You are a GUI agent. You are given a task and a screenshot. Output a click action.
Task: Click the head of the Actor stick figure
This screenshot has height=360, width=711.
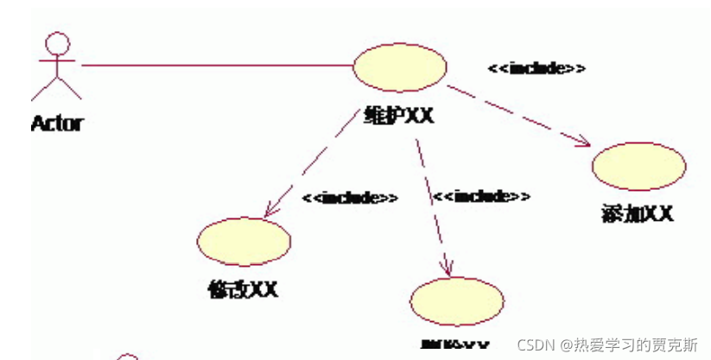pos(57,44)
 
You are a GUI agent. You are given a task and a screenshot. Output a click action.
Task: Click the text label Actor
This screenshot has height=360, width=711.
pos(56,123)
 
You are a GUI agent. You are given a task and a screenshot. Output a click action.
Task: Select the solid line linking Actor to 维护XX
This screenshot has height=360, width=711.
pos(216,65)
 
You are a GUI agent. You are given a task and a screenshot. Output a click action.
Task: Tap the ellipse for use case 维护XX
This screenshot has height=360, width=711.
pos(400,67)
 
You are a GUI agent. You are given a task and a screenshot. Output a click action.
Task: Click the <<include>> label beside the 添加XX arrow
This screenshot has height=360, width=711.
pos(536,68)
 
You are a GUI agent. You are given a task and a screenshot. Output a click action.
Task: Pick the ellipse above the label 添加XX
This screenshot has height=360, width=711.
pos(639,167)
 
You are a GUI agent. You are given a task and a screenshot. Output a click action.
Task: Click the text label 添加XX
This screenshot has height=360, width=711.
pos(637,213)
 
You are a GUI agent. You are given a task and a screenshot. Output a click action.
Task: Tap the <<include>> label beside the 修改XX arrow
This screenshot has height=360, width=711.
pos(350,198)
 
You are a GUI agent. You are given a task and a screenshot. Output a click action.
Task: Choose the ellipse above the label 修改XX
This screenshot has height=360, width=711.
pos(244,238)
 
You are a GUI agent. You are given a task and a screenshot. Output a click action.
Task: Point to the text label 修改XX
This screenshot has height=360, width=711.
pos(244,289)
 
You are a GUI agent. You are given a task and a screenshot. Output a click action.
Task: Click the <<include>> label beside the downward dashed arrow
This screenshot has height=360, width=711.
pos(481,197)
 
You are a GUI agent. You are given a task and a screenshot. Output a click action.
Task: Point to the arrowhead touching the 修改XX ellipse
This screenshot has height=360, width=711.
pos(270,210)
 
